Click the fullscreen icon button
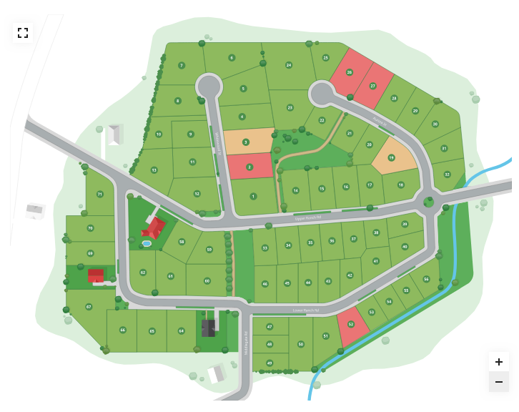[23, 33]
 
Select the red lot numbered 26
[350, 72]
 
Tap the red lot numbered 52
[351, 324]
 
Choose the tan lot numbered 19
[392, 157]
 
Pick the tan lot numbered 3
[246, 142]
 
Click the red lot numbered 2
[249, 167]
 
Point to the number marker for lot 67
[89, 306]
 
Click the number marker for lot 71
[100, 194]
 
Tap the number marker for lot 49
[270, 363]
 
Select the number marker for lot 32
[448, 174]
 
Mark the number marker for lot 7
[182, 65]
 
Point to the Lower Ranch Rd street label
[305, 310]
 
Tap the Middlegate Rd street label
[245, 343]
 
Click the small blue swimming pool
[147, 244]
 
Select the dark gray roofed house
[208, 328]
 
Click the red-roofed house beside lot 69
[96, 275]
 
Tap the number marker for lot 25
[325, 57]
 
